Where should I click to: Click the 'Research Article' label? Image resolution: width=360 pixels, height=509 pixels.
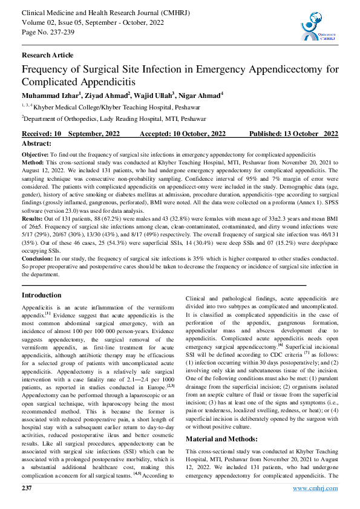point(48,55)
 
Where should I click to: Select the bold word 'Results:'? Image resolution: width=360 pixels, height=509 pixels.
point(33,217)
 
